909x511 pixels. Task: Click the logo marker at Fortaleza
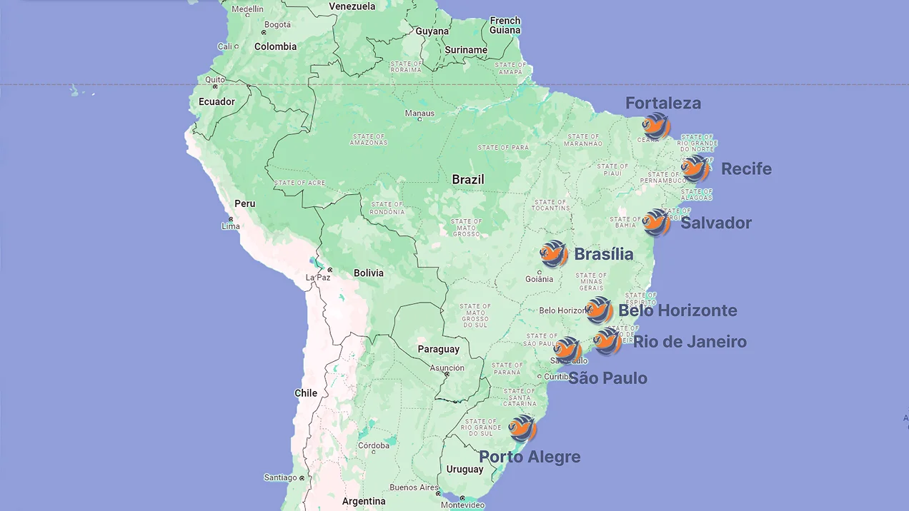(x=656, y=126)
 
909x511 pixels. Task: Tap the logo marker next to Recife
(x=695, y=169)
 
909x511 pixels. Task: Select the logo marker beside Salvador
(x=656, y=223)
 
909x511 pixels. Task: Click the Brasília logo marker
(x=554, y=254)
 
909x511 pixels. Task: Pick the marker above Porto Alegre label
(x=522, y=428)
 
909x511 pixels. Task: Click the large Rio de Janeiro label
(x=690, y=342)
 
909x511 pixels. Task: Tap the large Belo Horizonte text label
(x=677, y=310)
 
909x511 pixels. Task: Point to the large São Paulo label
(x=607, y=378)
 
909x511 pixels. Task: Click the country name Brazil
(x=468, y=180)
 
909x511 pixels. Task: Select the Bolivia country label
(x=369, y=273)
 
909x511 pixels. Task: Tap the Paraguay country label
(x=438, y=349)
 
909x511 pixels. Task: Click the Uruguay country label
(x=465, y=469)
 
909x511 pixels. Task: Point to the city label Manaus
(x=419, y=113)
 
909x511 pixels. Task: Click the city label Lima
(x=231, y=226)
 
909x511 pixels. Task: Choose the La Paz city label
(x=318, y=277)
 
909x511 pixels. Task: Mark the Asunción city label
(x=447, y=368)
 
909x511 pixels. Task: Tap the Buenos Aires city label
(x=414, y=487)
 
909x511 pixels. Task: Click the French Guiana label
(x=505, y=26)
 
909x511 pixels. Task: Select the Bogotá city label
(x=277, y=24)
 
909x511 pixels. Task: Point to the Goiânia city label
(x=540, y=279)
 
